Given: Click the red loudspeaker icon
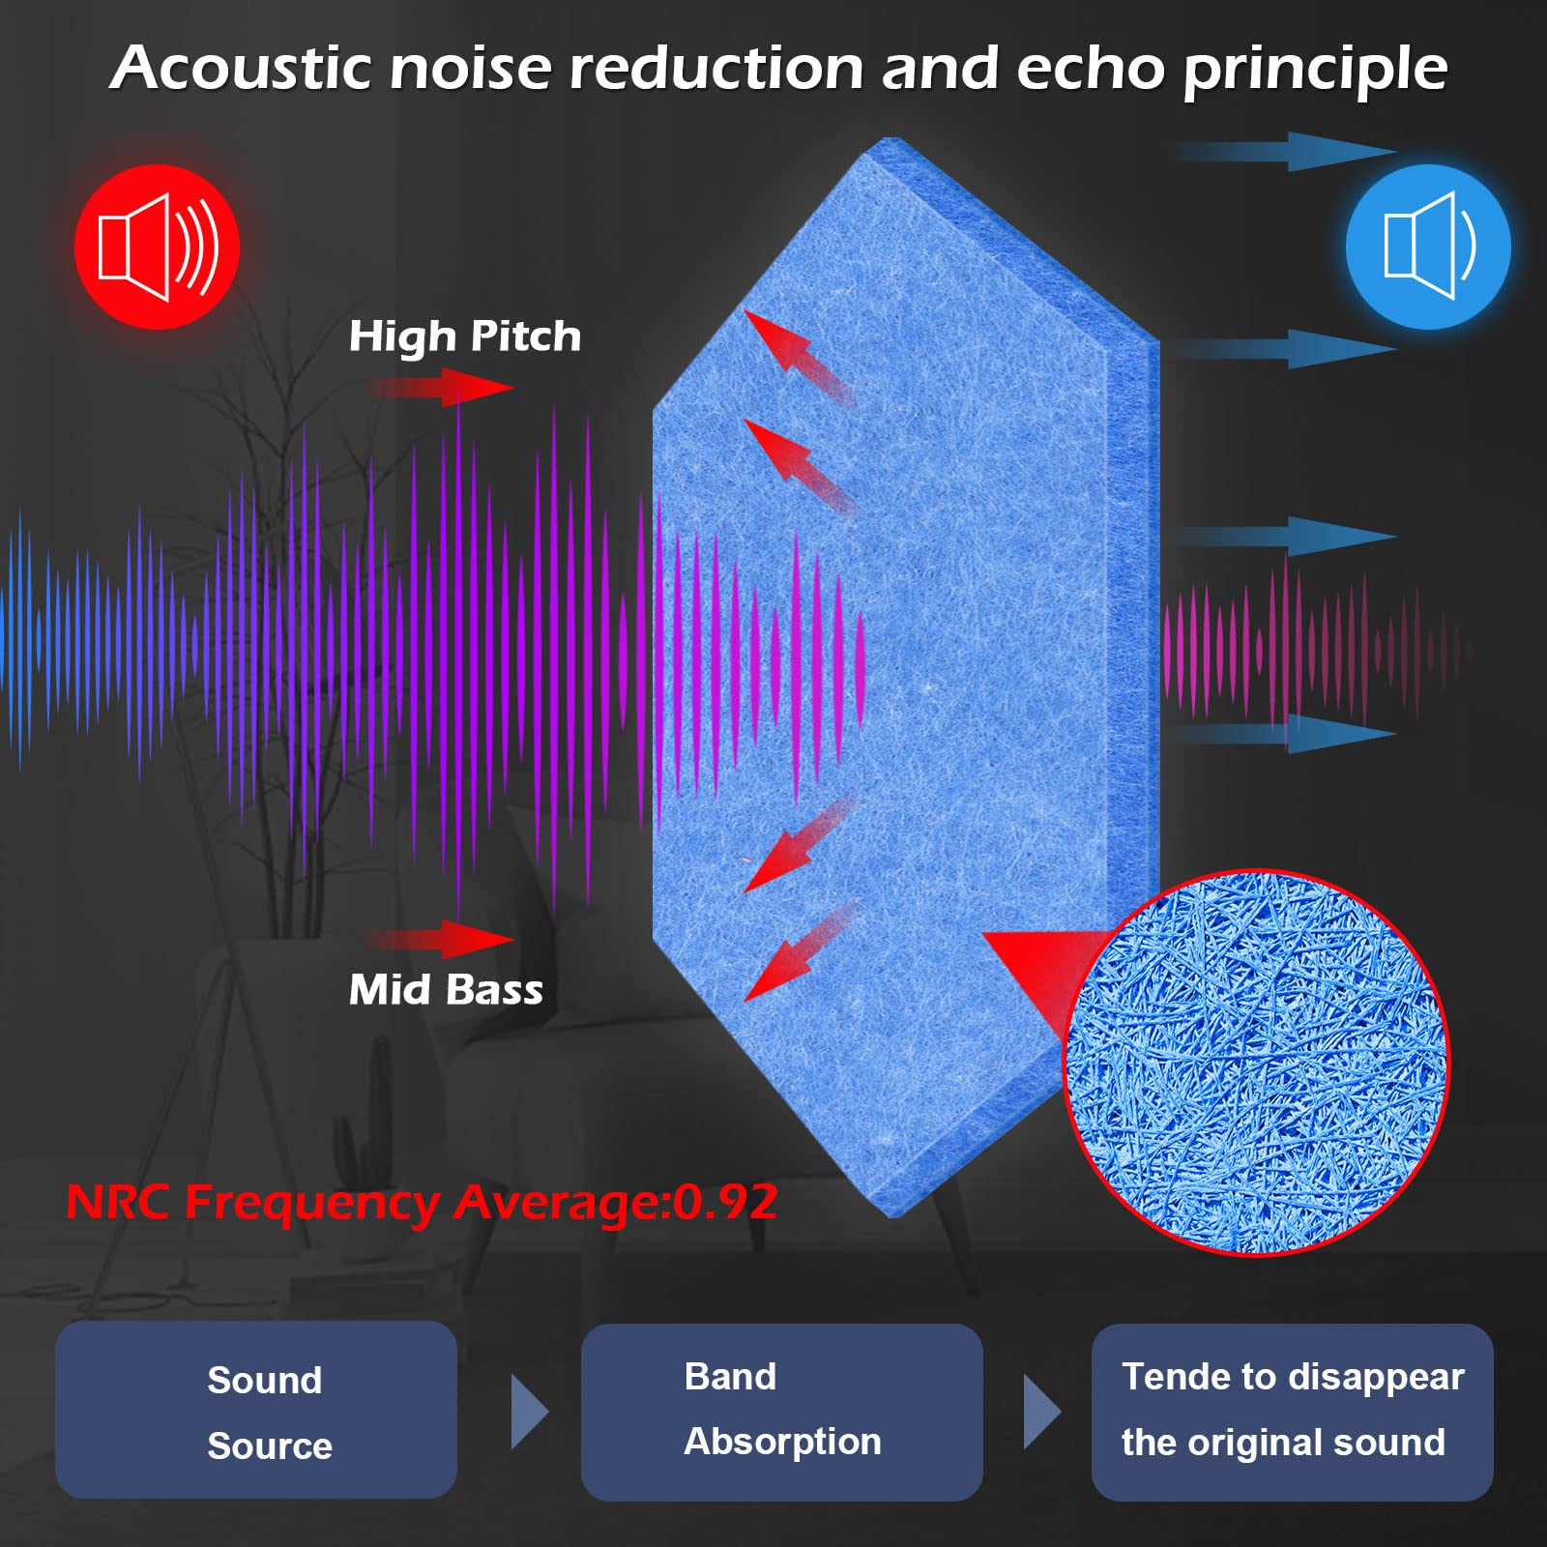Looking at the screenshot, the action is pyautogui.click(x=157, y=247).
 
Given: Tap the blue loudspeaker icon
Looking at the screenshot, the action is pyautogui.click(x=1428, y=247).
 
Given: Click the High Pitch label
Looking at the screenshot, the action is pyautogui.click(x=465, y=337).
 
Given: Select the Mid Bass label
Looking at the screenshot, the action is pyautogui.click(x=446, y=990).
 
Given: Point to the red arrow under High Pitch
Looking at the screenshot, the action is pyautogui.click(x=440, y=388).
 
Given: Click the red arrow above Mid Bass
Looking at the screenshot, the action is pyautogui.click(x=440, y=939).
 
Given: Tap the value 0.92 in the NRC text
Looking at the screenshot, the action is pyautogui.click(x=725, y=1202).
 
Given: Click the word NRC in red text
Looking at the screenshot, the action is pyautogui.click(x=118, y=1202).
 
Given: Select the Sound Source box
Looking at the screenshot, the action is pyautogui.click(x=256, y=1410).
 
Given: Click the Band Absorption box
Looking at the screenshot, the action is pyautogui.click(x=782, y=1412).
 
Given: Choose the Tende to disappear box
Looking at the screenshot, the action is pyautogui.click(x=1293, y=1412).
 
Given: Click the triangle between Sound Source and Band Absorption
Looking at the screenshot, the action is pyautogui.click(x=529, y=1412).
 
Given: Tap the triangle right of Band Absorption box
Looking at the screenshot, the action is pyautogui.click(x=1041, y=1412).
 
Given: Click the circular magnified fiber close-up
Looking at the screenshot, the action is pyautogui.click(x=1256, y=1063).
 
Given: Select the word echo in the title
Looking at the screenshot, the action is pyautogui.click(x=1091, y=69).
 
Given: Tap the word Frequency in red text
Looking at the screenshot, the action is pyautogui.click(x=311, y=1204).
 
